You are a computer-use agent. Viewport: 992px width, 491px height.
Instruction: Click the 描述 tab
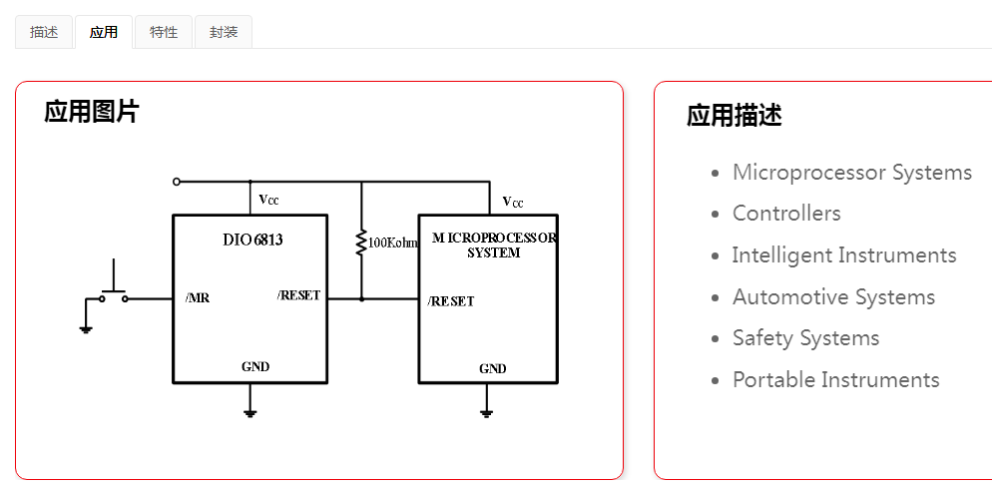click(x=44, y=32)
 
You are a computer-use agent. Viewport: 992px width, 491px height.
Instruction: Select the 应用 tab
click(x=103, y=32)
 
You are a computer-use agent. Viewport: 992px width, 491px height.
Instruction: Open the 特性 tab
click(x=164, y=32)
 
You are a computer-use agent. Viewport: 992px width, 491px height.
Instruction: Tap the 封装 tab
click(x=224, y=32)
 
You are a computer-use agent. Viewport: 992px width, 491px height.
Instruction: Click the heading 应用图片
click(x=91, y=112)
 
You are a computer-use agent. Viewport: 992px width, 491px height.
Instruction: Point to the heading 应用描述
click(x=734, y=116)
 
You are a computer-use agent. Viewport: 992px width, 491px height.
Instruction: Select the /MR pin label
click(x=198, y=297)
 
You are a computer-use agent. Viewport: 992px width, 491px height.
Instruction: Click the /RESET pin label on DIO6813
click(x=299, y=295)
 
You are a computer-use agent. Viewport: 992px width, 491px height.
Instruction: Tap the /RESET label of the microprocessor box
click(x=451, y=301)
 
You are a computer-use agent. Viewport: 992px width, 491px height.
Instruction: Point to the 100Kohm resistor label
click(x=392, y=243)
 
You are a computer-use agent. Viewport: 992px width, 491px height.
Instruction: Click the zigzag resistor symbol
click(x=361, y=242)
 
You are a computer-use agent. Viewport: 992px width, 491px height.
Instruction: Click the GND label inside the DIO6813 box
click(x=255, y=366)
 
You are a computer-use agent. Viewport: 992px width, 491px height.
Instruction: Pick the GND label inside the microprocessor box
click(x=492, y=368)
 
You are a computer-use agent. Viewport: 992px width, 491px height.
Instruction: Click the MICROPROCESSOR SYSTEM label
click(x=494, y=245)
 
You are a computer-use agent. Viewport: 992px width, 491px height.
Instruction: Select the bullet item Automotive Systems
click(x=833, y=297)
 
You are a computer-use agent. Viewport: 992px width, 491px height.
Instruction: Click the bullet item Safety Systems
click(x=805, y=338)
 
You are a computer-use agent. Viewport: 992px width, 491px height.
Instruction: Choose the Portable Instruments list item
click(x=835, y=380)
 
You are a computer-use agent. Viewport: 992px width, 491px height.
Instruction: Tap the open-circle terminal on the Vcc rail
click(x=177, y=182)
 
